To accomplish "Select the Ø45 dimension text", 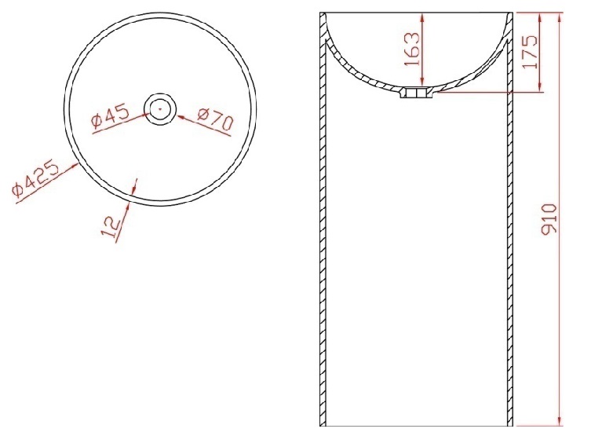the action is tap(110, 116).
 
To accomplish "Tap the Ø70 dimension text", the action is tap(215, 118).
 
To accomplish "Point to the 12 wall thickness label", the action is tap(111, 228).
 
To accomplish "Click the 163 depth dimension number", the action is tap(412, 49).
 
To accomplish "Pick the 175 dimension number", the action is tap(530, 52).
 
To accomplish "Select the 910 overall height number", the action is tap(549, 218).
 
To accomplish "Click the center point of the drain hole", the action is tap(159, 109).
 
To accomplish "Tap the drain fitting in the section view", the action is tap(416, 93).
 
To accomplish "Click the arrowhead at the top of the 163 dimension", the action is tap(423, 17).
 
